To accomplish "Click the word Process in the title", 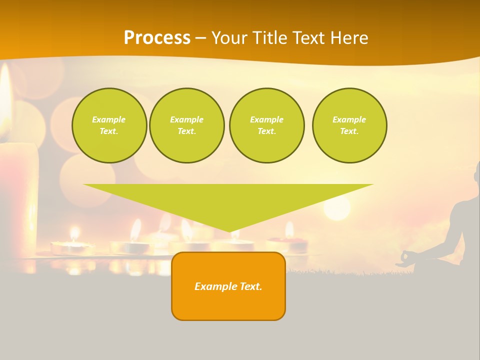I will coord(157,38).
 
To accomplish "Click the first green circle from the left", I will coord(109,125).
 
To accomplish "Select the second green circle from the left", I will coord(186,125).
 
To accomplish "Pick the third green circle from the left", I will coord(266,125).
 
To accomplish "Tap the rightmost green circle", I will coord(349,125).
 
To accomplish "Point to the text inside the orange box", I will coord(228,286).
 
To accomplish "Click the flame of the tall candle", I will coord(5,95).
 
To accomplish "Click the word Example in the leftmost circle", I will coord(109,119).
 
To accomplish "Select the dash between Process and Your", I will coord(201,38).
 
